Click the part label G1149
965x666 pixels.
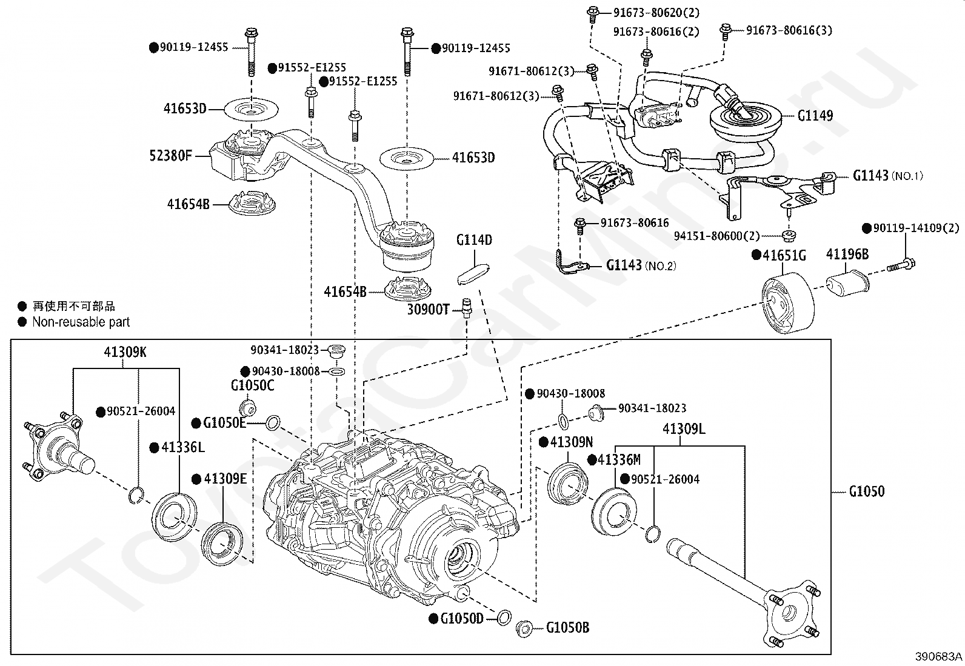tap(815, 116)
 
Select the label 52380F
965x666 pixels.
tap(170, 156)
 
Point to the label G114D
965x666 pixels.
tap(474, 240)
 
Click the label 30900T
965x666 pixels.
tap(427, 310)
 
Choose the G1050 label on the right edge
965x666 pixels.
tap(866, 491)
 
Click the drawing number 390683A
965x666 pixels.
tap(939, 656)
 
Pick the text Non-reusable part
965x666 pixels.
tap(81, 322)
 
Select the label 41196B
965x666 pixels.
tap(847, 255)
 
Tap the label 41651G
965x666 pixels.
tap(784, 256)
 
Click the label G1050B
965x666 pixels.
tap(567, 628)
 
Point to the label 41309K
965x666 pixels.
tap(124, 351)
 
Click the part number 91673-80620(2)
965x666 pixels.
tap(647, 12)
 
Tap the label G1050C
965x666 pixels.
tap(252, 385)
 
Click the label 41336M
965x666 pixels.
tap(618, 460)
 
